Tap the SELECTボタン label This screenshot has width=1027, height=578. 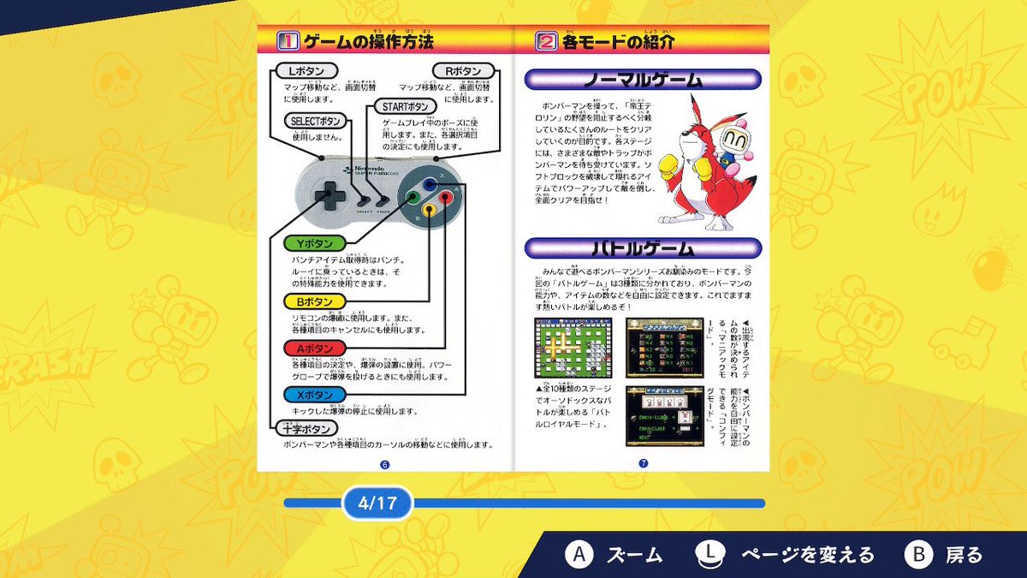click(316, 122)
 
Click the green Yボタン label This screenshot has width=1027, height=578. click(314, 244)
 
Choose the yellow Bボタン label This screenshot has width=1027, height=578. click(314, 301)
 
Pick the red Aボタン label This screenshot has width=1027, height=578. click(314, 348)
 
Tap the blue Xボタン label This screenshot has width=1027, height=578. click(314, 395)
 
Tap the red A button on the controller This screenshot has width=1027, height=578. click(445, 196)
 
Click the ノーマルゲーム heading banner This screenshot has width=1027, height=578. click(642, 80)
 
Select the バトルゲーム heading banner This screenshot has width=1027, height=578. click(642, 248)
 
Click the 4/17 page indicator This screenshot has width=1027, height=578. click(377, 503)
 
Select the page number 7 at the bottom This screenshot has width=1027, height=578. click(643, 463)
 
